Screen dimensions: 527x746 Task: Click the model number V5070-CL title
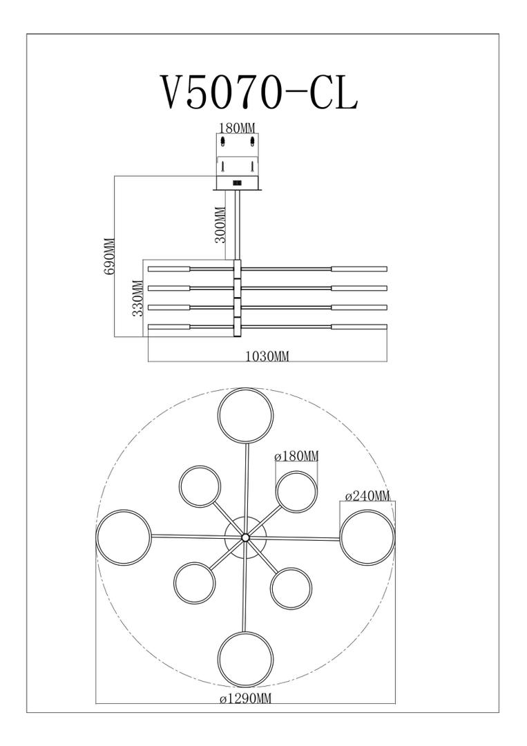pos(260,93)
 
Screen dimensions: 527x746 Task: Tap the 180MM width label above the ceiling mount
pos(237,128)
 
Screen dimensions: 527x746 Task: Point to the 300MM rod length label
pos(220,224)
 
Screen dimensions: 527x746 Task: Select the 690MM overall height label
pos(110,256)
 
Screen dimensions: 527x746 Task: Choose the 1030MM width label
pos(267,356)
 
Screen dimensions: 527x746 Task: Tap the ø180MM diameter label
pos(296,457)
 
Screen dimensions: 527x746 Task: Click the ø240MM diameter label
pos(367,496)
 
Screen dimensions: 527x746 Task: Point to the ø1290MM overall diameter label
pos(245,698)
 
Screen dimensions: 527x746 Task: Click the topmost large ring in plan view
pos(246,389)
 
